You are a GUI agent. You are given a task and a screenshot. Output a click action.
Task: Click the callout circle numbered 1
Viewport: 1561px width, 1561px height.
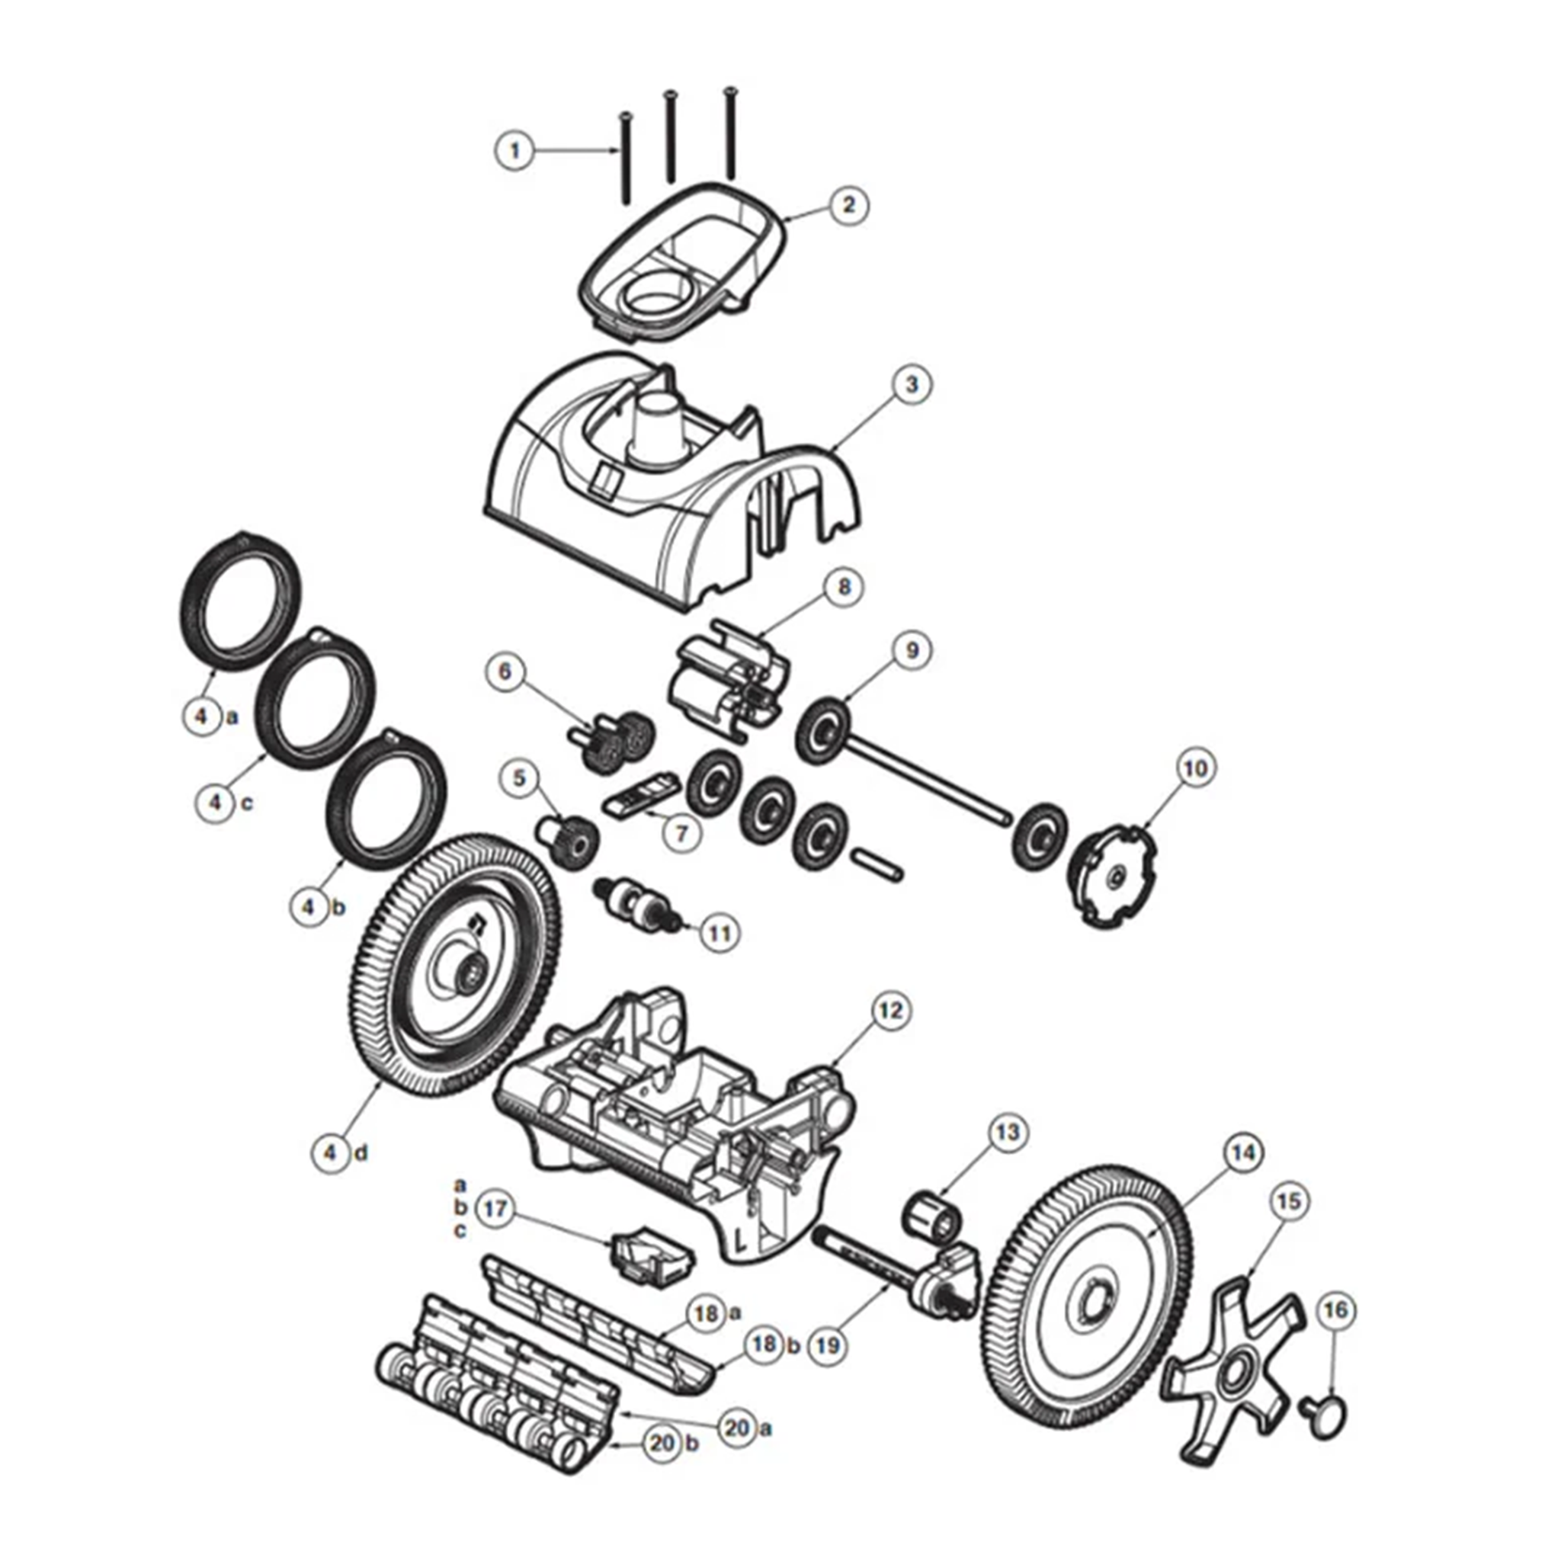[x=514, y=150]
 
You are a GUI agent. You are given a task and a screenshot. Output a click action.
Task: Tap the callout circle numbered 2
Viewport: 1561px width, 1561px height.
[x=848, y=204]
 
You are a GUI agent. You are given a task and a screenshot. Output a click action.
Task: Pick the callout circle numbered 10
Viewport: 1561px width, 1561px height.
[x=1196, y=768]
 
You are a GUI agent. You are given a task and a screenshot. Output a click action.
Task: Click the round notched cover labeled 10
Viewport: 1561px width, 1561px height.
[x=1114, y=875]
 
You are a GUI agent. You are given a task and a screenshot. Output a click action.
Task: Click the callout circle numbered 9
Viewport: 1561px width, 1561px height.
[x=912, y=650]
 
